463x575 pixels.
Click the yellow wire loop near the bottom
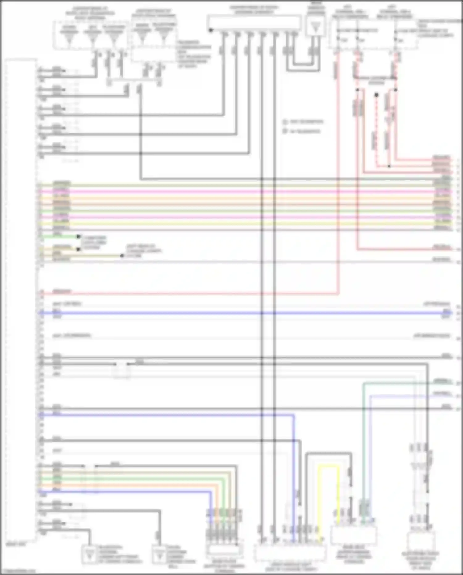pyautogui.click(x=329, y=467)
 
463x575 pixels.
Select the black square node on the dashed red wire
pyautogui.click(x=377, y=95)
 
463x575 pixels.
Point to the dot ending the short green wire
pyautogui.click(x=79, y=237)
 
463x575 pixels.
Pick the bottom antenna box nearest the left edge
pyautogui.click(x=90, y=555)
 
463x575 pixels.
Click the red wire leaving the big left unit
pyautogui.click(x=185, y=294)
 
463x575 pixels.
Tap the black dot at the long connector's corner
pyautogui.click(x=211, y=30)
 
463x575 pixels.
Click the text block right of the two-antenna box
pyautogui.click(x=194, y=54)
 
